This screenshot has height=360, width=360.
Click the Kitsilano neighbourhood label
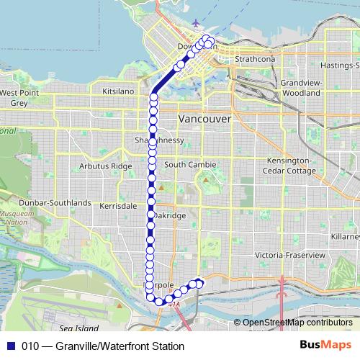118,92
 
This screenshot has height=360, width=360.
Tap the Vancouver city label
204,118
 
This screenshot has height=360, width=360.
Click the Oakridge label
170,215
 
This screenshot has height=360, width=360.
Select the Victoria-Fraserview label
291,256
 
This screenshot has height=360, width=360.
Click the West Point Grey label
19,97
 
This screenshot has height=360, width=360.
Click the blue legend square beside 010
10,346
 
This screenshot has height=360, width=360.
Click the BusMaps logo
325,346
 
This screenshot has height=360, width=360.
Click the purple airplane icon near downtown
195,24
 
